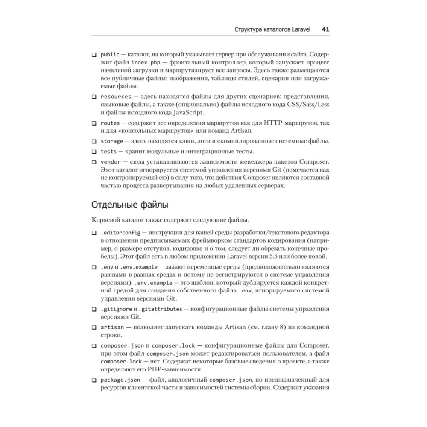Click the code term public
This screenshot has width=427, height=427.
110,55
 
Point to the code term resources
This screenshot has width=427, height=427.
116,97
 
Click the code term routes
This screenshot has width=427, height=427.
110,123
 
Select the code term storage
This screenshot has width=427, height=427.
111,141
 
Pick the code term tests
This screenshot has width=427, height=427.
108,152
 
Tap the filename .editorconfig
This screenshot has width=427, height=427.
120,234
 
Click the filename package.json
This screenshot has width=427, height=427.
117,379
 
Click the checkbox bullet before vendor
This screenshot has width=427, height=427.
94,162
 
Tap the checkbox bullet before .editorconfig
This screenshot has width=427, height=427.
94,234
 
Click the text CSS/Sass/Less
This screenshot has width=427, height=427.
303,105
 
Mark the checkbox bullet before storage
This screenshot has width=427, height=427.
94,141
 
